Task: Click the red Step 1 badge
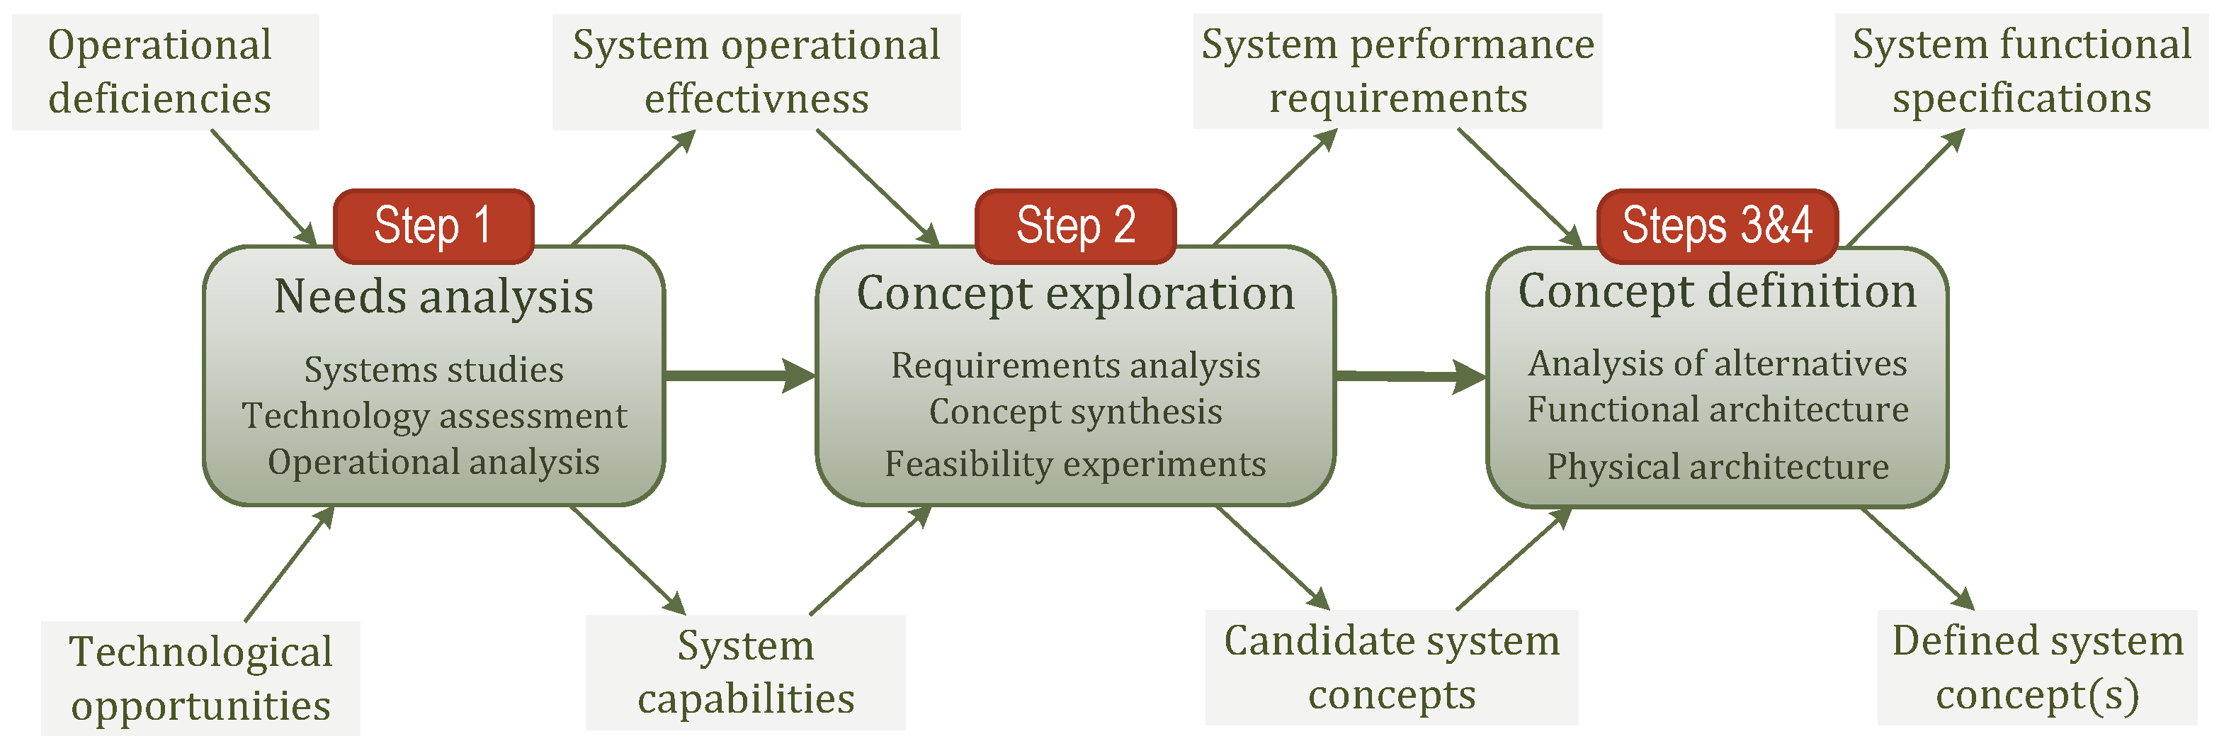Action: pyautogui.click(x=433, y=226)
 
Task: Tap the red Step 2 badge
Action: pyautogui.click(x=1075, y=226)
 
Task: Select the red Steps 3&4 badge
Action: pyautogui.click(x=1716, y=226)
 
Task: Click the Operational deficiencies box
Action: pyautogui.click(x=164, y=72)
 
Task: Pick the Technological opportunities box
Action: pyautogui.click(x=200, y=679)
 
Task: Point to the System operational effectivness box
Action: pyautogui.click(x=756, y=72)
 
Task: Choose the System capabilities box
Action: pyautogui.click(x=745, y=672)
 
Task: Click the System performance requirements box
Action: pyautogui.click(x=1397, y=72)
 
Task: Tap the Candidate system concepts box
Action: pyautogui.click(x=1391, y=667)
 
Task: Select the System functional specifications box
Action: pyautogui.click(x=2021, y=72)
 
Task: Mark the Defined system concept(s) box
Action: pyautogui.click(x=2036, y=667)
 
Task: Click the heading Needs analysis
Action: pyautogui.click(x=433, y=297)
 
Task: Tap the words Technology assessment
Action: pyautogui.click(x=433, y=416)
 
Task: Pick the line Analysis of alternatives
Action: pyautogui.click(x=1717, y=363)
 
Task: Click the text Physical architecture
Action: pyautogui.click(x=1717, y=467)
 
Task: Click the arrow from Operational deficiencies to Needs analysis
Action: pyautogui.click(x=264, y=187)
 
